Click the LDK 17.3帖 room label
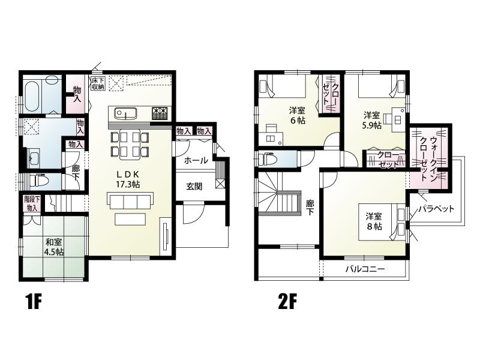(128, 179)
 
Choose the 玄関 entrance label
(194, 186)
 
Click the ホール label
(196, 160)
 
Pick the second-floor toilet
(267, 160)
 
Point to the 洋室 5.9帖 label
(371, 120)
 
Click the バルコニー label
(365, 269)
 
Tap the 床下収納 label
(98, 83)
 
